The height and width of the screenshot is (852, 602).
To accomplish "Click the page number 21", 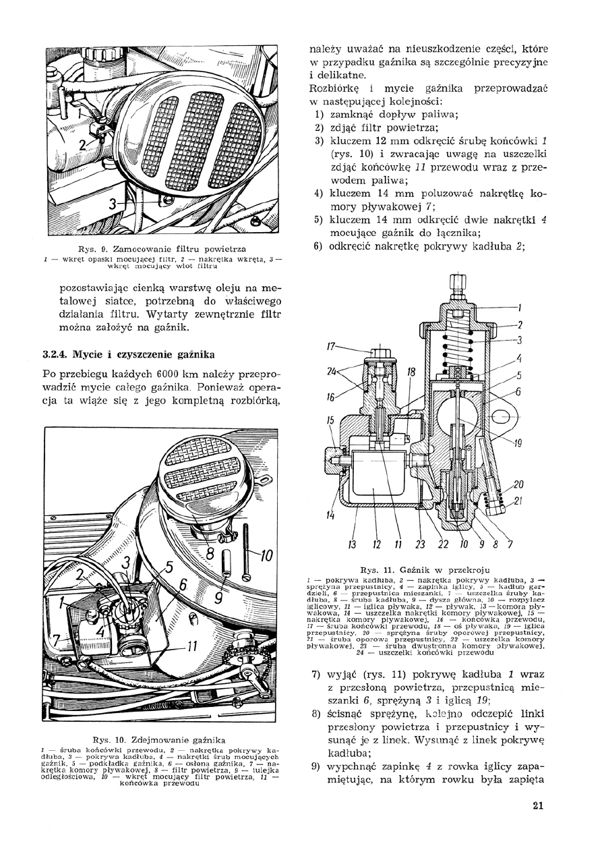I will tap(537, 805).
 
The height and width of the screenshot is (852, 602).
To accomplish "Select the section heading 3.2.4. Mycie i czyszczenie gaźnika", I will tap(125, 354).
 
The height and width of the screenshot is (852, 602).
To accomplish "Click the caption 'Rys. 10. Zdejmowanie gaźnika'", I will tap(160, 739).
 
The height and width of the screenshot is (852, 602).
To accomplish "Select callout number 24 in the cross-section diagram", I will tap(332, 371).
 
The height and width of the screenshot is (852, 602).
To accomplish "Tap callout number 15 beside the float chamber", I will tap(330, 420).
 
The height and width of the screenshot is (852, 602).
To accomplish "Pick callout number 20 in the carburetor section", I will tap(518, 484).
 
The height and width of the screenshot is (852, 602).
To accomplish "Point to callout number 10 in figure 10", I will tap(266, 556).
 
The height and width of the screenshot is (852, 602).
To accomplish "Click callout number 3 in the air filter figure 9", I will tap(113, 204).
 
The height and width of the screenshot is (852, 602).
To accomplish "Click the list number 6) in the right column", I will tap(316, 246).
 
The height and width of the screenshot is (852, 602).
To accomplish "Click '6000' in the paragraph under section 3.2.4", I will tap(169, 374).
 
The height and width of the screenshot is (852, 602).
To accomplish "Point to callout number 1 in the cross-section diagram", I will tap(520, 310).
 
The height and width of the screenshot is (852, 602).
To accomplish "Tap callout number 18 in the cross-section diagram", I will tap(411, 373).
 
